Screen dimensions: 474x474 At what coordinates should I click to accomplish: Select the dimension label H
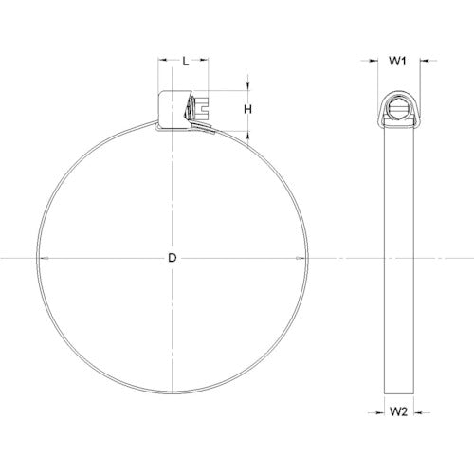248,109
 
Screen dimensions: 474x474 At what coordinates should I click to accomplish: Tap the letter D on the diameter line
171,258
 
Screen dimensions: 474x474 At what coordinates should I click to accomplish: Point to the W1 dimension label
399,62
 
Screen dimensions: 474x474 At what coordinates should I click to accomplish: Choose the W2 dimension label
399,413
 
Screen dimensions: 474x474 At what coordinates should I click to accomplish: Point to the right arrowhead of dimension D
306,258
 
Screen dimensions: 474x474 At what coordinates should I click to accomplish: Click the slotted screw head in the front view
202,107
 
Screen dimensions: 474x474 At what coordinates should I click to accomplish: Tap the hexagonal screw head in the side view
399,105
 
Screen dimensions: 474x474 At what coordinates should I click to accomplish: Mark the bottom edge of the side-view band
399,394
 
